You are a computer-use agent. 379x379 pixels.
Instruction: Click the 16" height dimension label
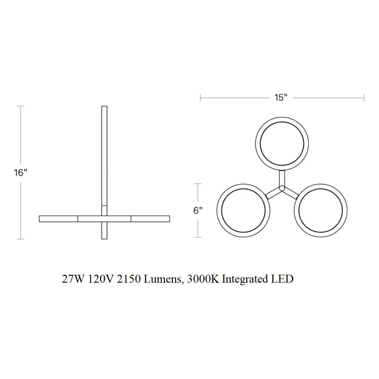click(x=21, y=173)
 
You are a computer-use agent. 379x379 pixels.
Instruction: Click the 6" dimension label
click(x=198, y=211)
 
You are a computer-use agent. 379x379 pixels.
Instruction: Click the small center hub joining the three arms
click(x=282, y=188)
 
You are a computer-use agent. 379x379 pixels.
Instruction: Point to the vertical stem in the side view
click(x=104, y=155)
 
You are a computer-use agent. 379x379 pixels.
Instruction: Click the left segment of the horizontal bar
click(x=58, y=219)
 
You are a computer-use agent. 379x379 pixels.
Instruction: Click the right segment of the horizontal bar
click(x=150, y=219)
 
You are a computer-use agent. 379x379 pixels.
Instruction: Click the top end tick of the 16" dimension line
click(x=21, y=106)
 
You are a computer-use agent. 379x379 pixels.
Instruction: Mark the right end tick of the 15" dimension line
click(x=364, y=98)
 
